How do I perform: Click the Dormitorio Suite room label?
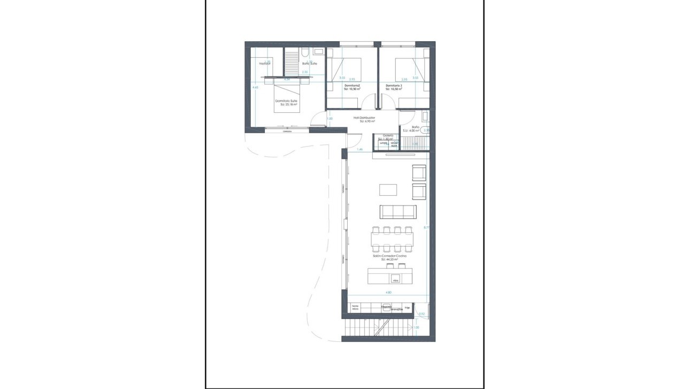pos(286,101)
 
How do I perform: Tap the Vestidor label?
pos(265,64)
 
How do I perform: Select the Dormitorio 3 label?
pos(394,86)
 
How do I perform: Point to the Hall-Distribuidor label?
pos(364,118)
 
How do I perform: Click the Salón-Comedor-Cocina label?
pos(390,256)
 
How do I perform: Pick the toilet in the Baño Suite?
pos(304,52)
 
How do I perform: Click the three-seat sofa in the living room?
pos(397,211)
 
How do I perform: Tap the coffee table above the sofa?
pos(388,189)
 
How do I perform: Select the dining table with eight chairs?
pos(393,239)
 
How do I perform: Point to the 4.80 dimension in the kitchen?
pos(389,293)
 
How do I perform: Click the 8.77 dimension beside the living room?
pos(426,227)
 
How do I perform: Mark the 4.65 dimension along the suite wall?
pos(255,87)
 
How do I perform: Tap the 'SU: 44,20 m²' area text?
pos(390,260)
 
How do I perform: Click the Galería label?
pos(388,135)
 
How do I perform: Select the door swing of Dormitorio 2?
pos(369,103)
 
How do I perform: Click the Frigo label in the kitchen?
pos(408,308)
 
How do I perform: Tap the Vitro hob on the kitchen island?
pos(396,279)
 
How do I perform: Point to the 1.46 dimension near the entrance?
pos(360,150)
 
